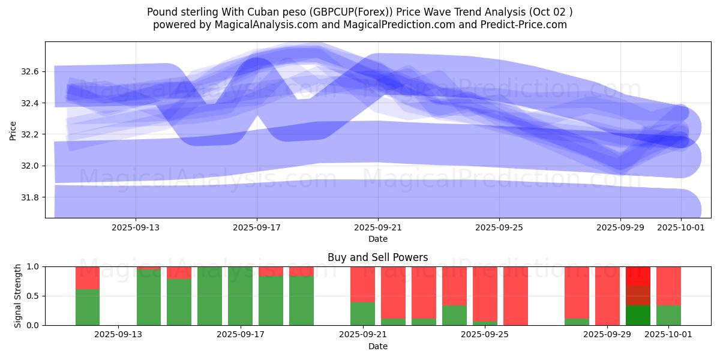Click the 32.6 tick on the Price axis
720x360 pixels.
coord(29,72)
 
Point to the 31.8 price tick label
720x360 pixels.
coord(29,197)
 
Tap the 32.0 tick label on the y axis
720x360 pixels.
coord(29,166)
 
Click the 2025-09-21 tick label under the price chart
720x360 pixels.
coord(378,228)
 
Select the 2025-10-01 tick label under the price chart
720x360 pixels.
coord(681,228)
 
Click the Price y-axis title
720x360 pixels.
coord(13,130)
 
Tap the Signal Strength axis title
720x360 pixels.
coord(18,296)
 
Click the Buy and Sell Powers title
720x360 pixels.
coord(378,257)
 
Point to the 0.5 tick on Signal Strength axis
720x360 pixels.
coord(32,296)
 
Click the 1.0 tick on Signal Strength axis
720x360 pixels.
coord(32,266)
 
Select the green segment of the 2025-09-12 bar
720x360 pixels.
coord(88,307)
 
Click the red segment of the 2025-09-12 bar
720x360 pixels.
coord(88,278)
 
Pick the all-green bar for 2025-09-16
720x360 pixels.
coord(209,296)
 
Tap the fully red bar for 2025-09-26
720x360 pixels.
coord(515,296)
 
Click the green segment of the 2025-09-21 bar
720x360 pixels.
coord(362,314)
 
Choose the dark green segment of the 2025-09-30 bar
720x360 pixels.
coord(638,316)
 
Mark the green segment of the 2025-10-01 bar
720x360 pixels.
coord(668,316)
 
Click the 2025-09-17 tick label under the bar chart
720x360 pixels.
coord(241,334)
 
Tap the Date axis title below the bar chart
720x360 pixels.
coord(378,346)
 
